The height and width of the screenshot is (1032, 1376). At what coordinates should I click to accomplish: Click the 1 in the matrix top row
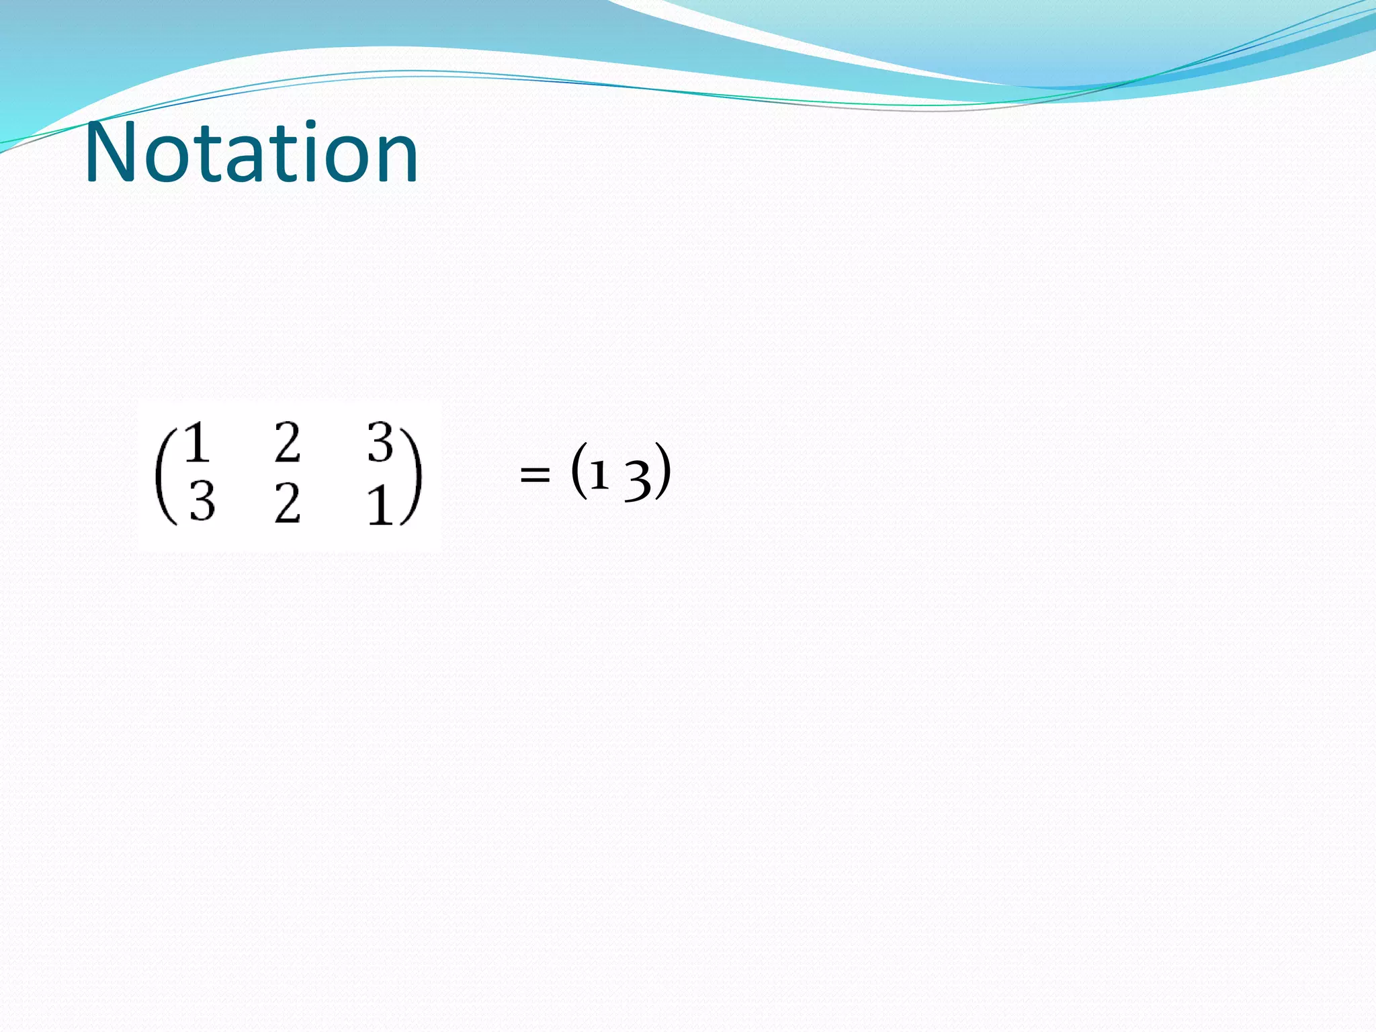click(x=197, y=443)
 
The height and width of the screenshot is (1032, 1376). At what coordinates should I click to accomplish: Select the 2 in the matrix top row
click(x=287, y=443)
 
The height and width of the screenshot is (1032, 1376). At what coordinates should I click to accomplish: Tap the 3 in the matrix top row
click(x=380, y=443)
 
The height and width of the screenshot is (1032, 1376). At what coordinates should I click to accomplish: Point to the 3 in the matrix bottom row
click(x=202, y=503)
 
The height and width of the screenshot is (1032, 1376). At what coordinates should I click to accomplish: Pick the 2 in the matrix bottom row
click(x=287, y=504)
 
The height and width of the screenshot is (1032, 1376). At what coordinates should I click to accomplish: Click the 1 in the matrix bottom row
click(x=380, y=505)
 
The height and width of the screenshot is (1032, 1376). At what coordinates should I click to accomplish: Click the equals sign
click(x=535, y=476)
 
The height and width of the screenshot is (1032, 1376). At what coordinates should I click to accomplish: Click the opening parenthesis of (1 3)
click(x=578, y=472)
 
